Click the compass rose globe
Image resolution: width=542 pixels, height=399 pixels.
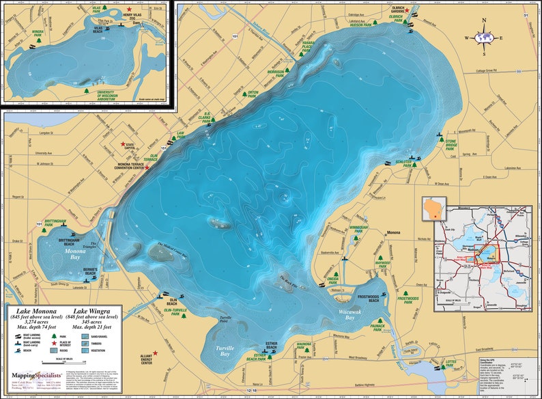click(483, 38)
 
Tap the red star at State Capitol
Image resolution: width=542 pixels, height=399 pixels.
click(123, 144)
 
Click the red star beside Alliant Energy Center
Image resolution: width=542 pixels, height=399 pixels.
click(156, 353)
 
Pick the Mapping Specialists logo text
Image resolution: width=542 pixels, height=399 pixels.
click(34, 374)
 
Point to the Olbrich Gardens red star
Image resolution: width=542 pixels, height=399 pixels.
click(408, 11)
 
